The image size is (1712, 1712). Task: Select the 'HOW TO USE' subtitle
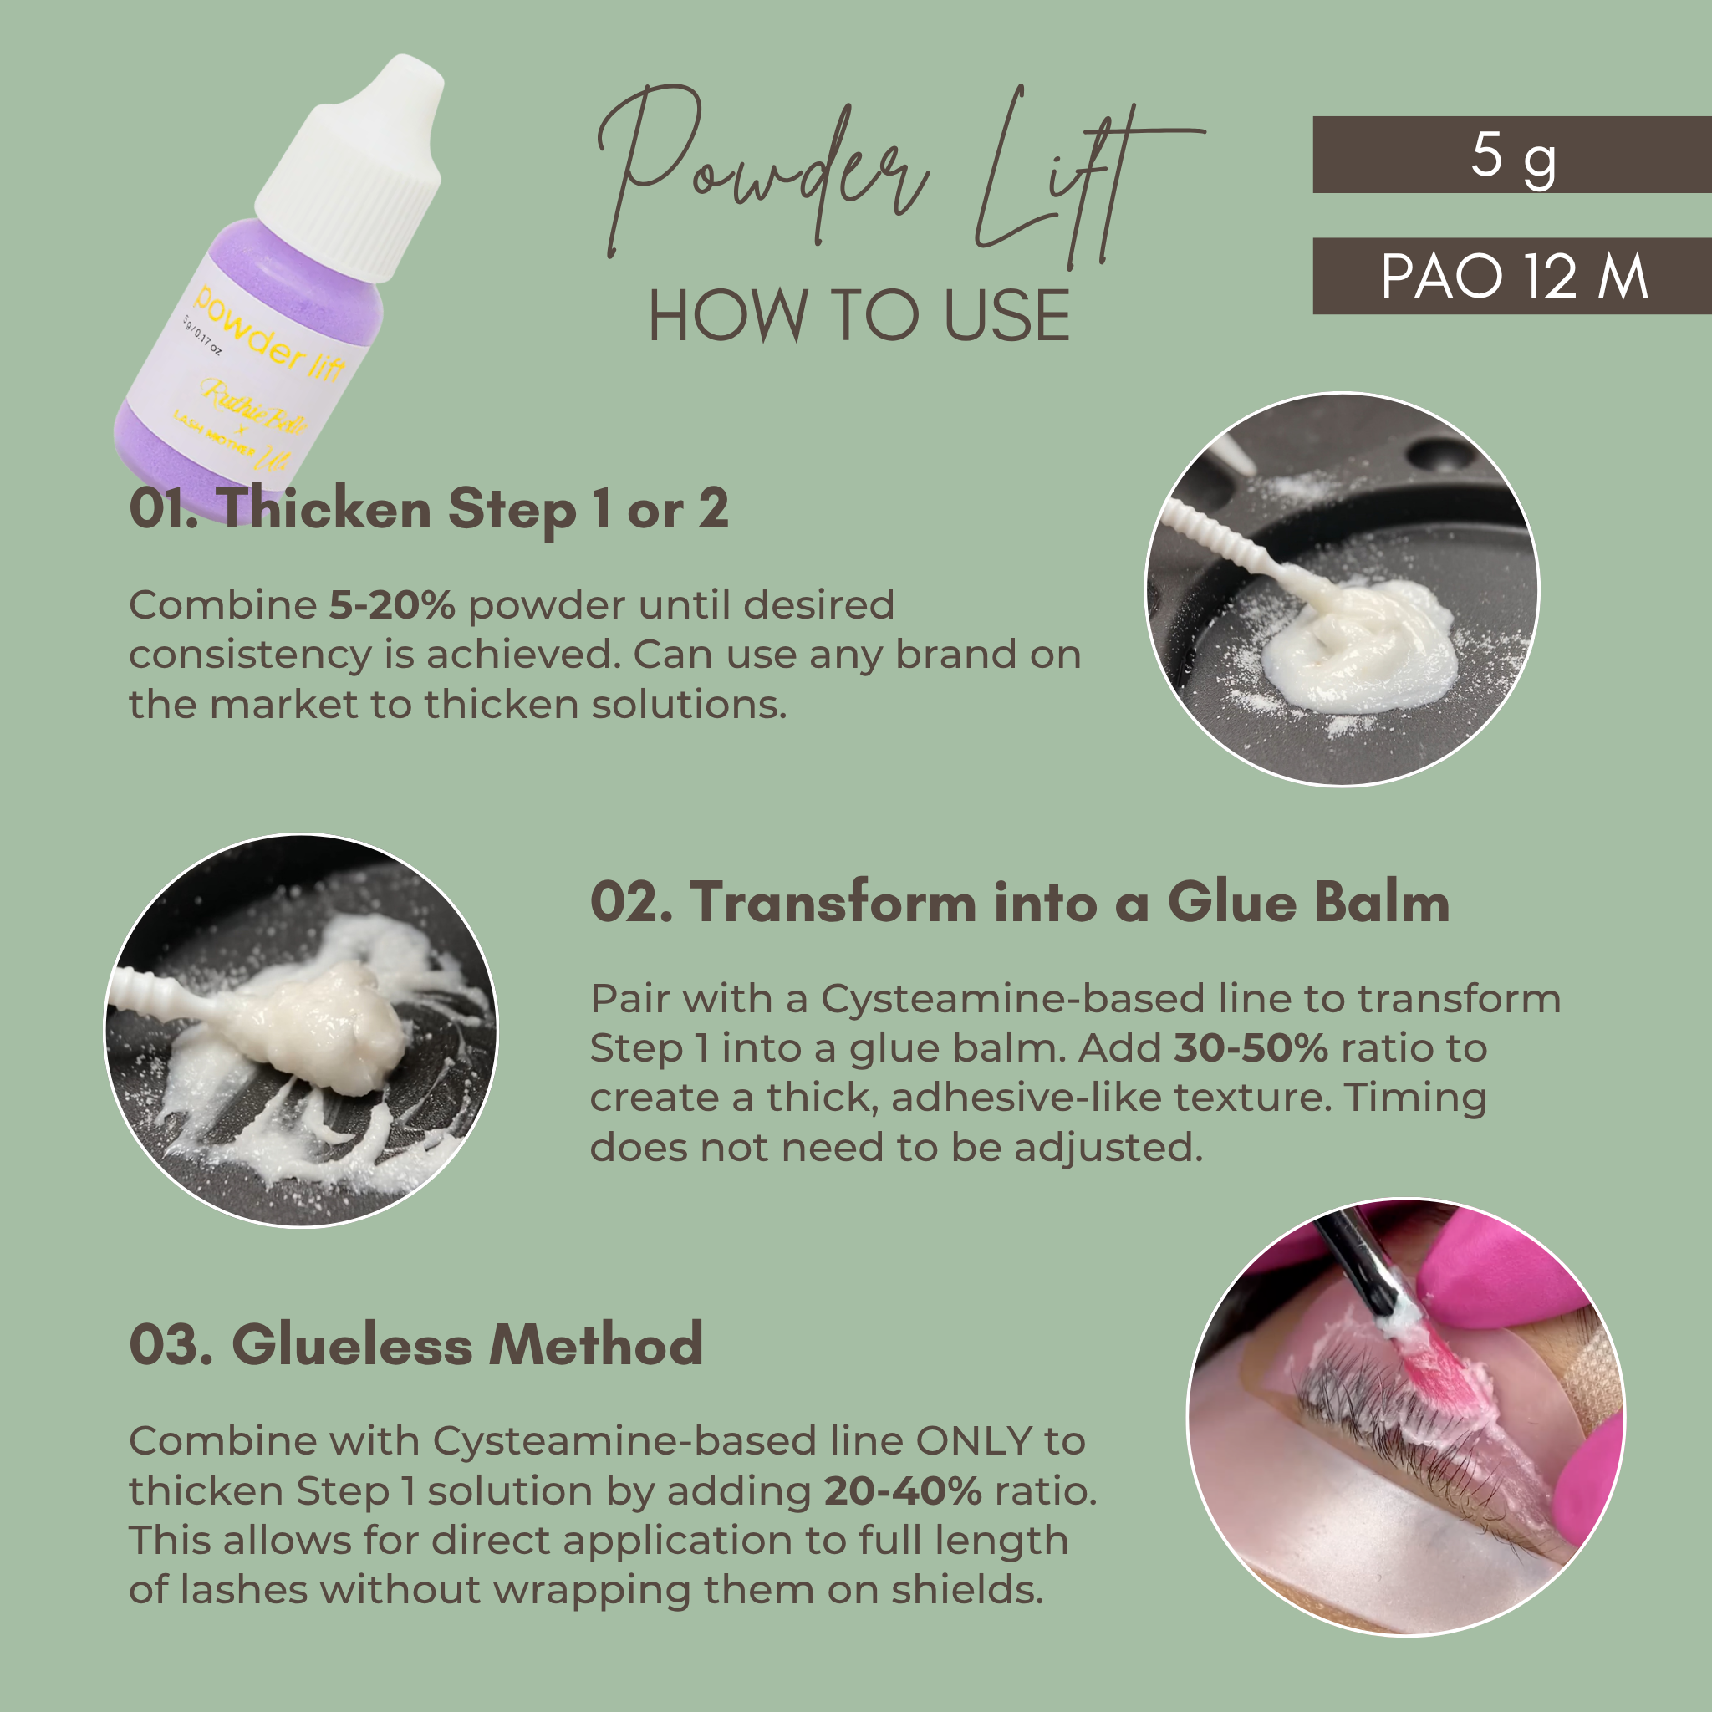[x=859, y=316]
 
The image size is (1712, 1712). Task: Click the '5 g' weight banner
[x=1511, y=155]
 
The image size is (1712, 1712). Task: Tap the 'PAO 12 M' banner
[x=1511, y=277]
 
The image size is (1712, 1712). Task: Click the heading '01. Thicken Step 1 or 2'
[x=429, y=510]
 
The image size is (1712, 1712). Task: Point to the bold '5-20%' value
[x=392, y=605]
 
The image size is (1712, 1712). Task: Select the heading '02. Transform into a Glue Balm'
[x=1019, y=903]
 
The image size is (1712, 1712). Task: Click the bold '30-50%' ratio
[x=1251, y=1048]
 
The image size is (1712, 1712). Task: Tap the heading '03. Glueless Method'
[x=416, y=1344]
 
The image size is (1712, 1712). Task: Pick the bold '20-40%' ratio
[x=902, y=1491]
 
